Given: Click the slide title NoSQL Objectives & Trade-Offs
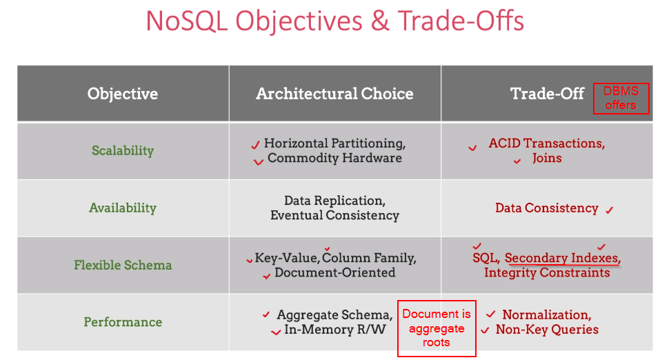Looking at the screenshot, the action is [334, 21].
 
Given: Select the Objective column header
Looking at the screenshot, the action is [123, 94].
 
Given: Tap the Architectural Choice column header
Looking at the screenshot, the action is [334, 94].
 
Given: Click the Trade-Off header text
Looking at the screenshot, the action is [548, 94].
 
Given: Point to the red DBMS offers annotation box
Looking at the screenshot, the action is [621, 98].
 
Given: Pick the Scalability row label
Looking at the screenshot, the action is [123, 150].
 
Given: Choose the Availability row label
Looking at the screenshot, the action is [123, 208].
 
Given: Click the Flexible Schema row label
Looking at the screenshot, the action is [123, 265].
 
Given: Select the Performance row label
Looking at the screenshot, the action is [123, 322].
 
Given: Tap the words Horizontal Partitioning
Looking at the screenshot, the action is [334, 143].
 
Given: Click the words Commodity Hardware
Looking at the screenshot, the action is [334, 158].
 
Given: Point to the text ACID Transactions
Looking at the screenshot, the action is [546, 143].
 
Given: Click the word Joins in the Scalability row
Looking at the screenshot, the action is [547, 158].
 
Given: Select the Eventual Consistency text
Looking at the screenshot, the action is [334, 215].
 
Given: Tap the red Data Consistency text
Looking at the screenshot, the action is [546, 208].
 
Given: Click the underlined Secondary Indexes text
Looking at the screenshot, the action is [562, 258].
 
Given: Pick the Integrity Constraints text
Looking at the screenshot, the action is [547, 272].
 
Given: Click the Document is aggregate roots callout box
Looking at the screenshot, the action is [437, 328].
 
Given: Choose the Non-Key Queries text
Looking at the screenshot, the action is [548, 330].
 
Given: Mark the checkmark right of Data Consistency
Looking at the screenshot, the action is [609, 210].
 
